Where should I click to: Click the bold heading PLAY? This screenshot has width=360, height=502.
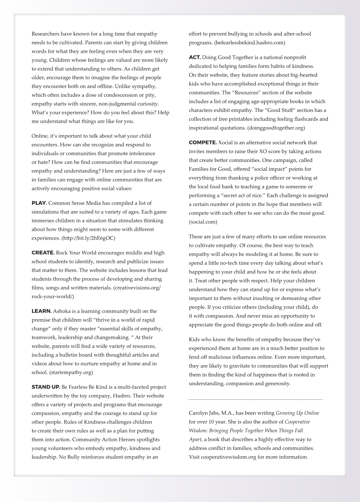(x=39, y=203)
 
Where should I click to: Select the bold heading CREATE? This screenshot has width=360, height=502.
(x=43, y=253)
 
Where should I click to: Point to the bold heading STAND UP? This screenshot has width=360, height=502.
(x=46, y=387)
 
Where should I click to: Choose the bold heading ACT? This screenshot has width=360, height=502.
(x=195, y=57)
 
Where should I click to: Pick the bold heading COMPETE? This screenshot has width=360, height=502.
(x=203, y=143)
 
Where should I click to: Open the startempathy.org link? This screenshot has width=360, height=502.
(x=71, y=372)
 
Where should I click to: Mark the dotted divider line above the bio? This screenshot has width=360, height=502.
(x=256, y=400)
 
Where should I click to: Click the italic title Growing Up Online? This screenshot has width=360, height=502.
(x=297, y=413)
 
